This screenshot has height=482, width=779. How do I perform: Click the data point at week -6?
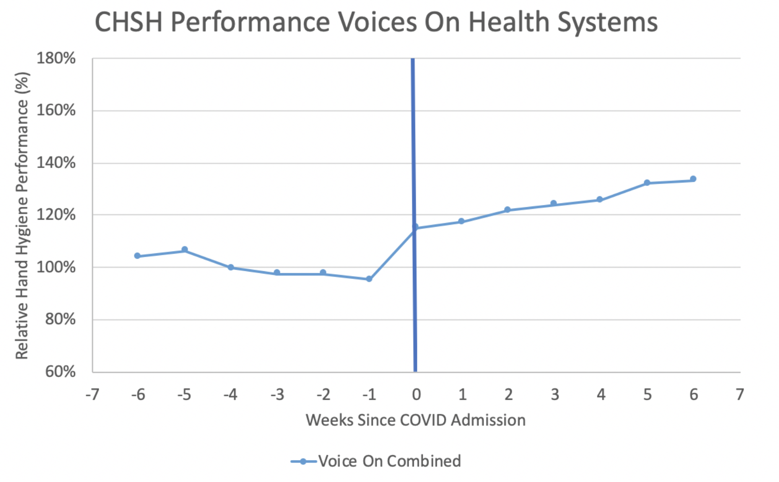click(x=137, y=256)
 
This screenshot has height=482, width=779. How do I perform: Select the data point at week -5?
click(x=185, y=250)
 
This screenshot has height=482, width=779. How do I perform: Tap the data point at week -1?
click(x=369, y=279)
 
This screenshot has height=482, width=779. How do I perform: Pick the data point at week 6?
click(x=693, y=179)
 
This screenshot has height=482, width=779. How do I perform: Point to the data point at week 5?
click(x=647, y=183)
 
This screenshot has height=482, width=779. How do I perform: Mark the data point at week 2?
click(x=507, y=209)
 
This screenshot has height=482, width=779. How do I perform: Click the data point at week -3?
click(x=277, y=273)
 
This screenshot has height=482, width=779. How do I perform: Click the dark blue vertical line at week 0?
click(x=414, y=146)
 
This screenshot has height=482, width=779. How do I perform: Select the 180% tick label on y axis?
click(x=56, y=58)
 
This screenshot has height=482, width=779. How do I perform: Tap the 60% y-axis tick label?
click(x=60, y=372)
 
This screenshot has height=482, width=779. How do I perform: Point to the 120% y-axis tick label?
click(x=56, y=215)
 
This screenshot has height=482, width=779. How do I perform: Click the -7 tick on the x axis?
click(x=92, y=394)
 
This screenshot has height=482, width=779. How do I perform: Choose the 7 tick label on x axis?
click(x=740, y=394)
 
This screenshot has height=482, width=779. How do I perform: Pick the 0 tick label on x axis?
click(x=416, y=394)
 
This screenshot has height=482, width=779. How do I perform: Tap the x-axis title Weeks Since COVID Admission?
click(x=415, y=420)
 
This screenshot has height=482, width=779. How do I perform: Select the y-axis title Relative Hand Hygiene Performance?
click(x=22, y=215)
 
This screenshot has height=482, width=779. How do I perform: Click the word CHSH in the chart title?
click(x=129, y=22)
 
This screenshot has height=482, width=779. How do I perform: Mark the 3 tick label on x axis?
click(x=555, y=394)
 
